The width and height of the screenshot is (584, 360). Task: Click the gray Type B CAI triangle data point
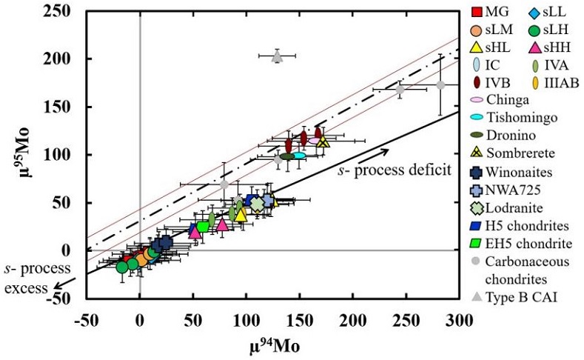tap(277, 56)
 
